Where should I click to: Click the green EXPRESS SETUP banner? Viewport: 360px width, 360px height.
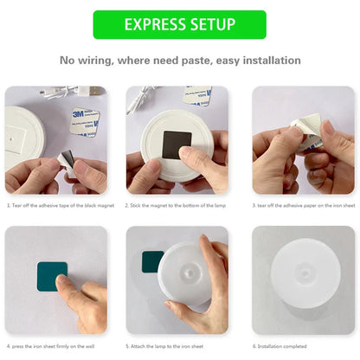[179, 24]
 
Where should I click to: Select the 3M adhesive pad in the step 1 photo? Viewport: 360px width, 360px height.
[85, 120]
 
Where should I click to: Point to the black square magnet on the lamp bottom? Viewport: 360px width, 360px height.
[177, 144]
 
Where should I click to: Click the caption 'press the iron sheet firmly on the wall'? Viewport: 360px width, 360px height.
[55, 345]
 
